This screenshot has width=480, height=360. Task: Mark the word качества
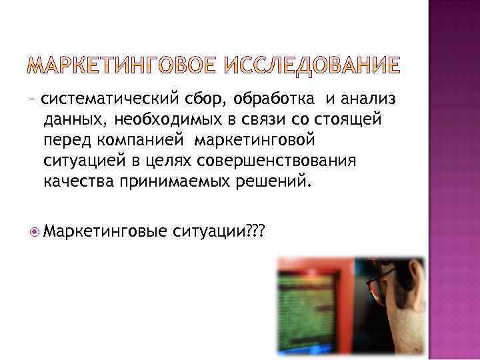point(79,183)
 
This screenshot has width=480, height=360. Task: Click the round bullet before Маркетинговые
point(34,231)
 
